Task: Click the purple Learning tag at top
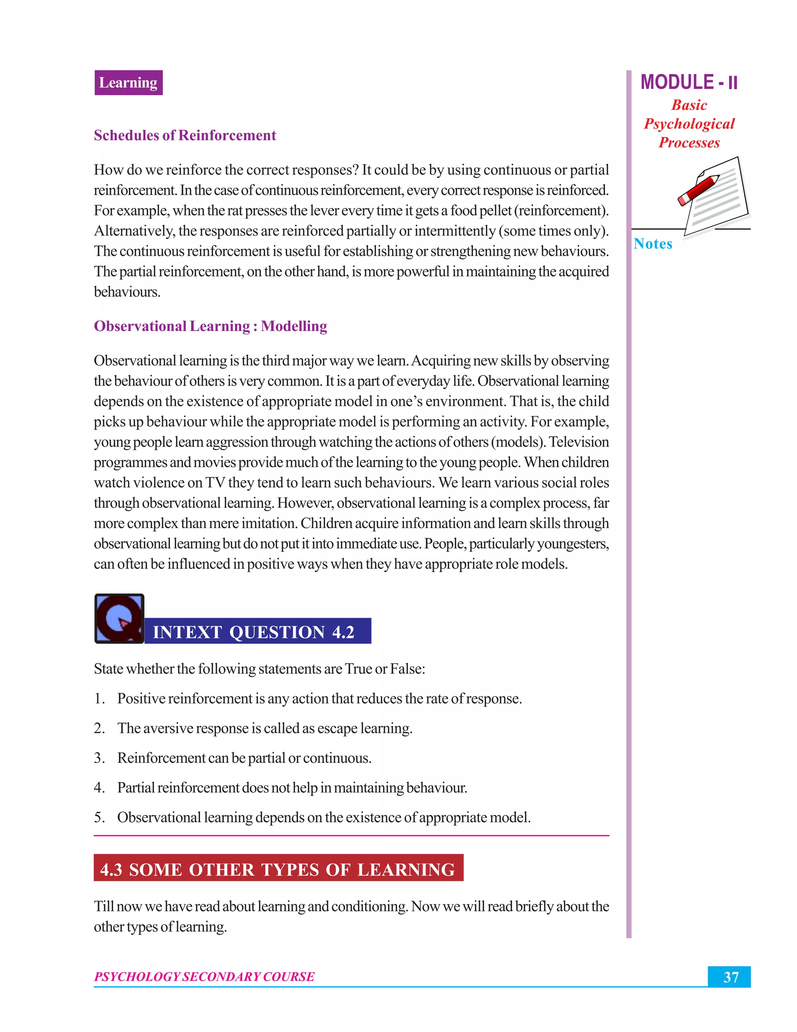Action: click(128, 83)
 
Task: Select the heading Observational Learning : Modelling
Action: click(210, 326)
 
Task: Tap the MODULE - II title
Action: click(688, 82)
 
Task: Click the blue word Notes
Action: click(653, 244)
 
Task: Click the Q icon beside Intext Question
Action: click(119, 618)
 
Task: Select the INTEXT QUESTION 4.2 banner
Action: click(257, 631)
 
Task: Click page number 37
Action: click(730, 977)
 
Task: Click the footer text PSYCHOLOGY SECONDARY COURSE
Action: click(204, 977)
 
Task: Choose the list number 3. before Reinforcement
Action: click(99, 758)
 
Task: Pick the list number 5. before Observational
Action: click(99, 817)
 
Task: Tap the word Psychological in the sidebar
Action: click(689, 124)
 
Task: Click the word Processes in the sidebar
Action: click(689, 143)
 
